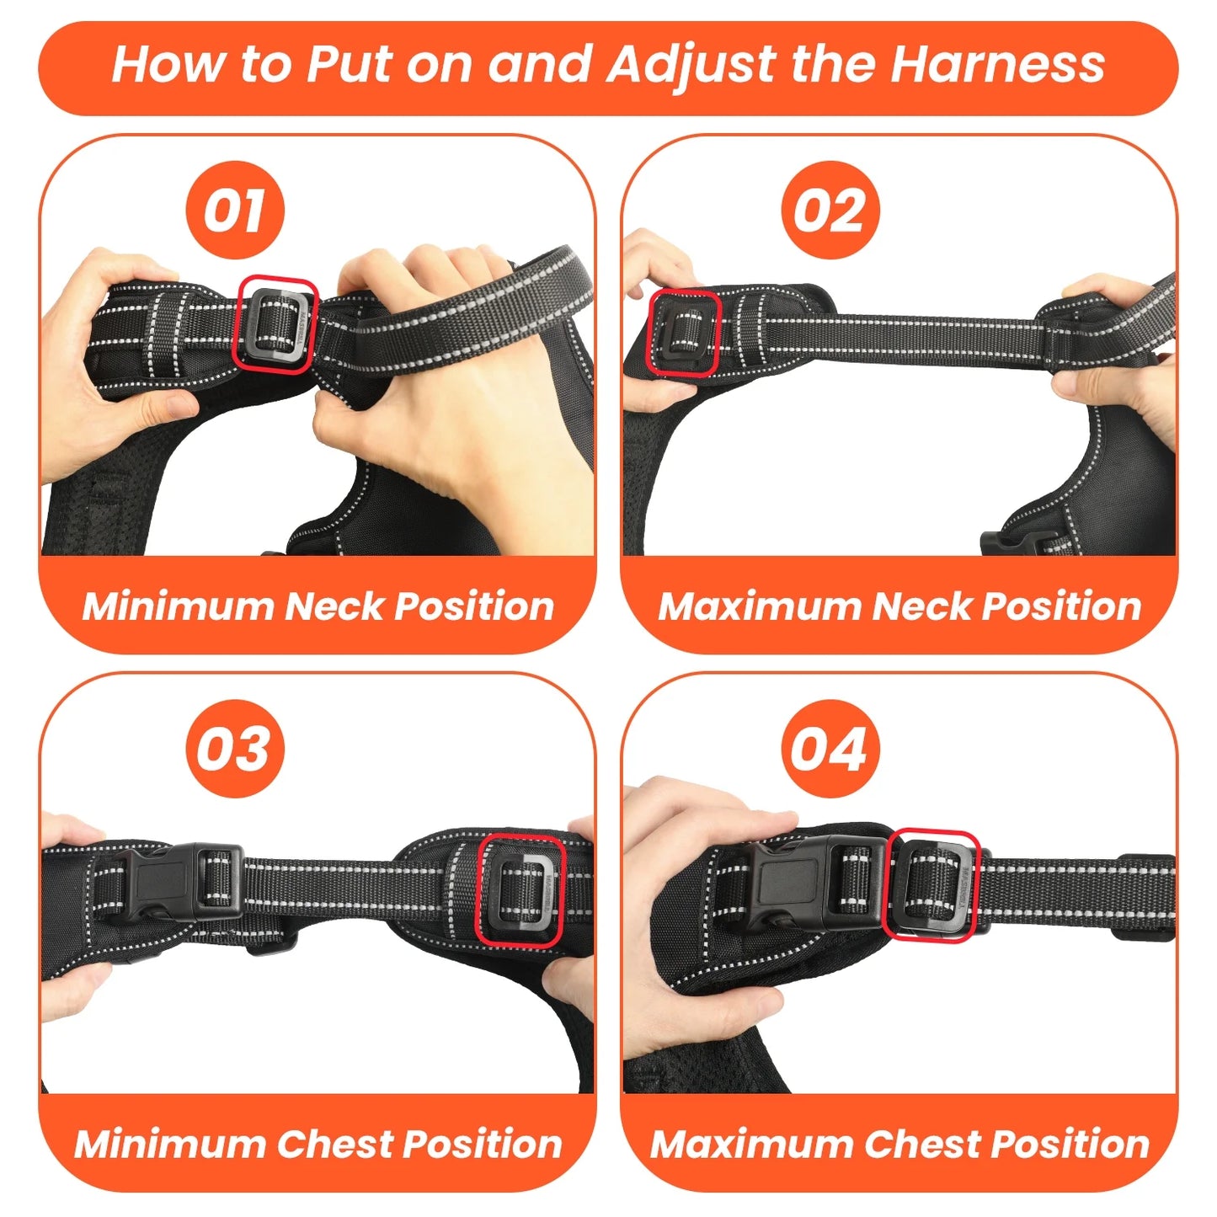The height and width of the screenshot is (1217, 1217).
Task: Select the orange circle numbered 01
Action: coord(234,211)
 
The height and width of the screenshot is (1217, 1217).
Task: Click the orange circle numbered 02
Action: coord(830,211)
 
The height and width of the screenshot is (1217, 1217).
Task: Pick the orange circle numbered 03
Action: coord(234,749)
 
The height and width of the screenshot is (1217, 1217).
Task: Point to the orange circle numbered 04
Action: coord(830,749)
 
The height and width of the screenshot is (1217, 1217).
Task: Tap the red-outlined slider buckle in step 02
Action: coord(683,332)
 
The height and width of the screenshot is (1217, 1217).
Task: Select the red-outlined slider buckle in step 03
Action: coord(520,889)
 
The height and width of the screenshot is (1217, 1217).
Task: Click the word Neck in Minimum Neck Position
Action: coord(334,606)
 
